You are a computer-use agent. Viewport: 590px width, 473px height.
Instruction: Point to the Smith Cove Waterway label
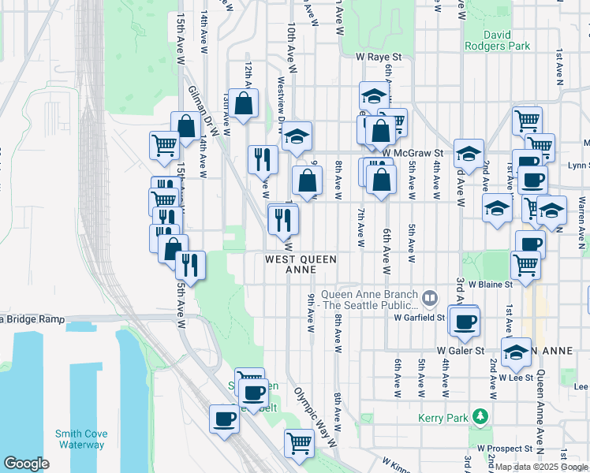pyautogui.click(x=80, y=439)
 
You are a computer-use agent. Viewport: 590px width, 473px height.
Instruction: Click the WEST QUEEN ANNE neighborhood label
pyautogui.click(x=301, y=264)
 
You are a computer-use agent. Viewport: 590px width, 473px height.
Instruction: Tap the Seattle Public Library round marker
pyautogui.click(x=430, y=299)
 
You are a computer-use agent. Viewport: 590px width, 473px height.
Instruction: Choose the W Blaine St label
pyautogui.click(x=491, y=284)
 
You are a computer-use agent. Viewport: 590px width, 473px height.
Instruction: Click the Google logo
pyautogui.click(x=26, y=464)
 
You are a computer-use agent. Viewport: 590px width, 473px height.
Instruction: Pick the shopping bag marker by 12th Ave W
pyautogui.click(x=245, y=103)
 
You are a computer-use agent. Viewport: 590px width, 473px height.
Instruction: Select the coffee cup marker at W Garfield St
pyautogui.click(x=465, y=321)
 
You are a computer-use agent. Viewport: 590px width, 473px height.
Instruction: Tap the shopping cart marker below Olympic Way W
pyautogui.click(x=299, y=444)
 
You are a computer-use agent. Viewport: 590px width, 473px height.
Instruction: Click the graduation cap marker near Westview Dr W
pyautogui.click(x=297, y=136)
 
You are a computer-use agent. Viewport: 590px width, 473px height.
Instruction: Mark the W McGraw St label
pyautogui.click(x=413, y=153)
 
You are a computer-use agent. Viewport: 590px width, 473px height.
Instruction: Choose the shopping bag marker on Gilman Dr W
pyautogui.click(x=186, y=126)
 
